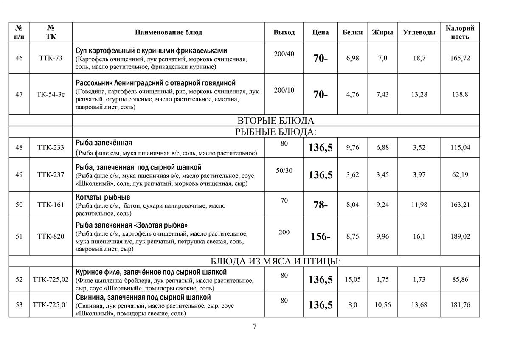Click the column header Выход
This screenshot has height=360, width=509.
284,32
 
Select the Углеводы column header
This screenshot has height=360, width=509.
419,32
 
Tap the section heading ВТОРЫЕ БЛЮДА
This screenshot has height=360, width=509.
276,121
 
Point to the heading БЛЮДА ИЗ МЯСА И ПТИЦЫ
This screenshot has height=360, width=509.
276,261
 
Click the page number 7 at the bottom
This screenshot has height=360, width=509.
255,326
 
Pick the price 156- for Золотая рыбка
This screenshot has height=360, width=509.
320,236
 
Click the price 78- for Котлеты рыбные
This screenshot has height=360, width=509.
320,205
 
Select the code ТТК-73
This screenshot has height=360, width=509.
51,58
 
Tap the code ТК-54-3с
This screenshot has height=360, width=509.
51,94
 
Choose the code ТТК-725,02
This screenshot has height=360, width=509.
51,279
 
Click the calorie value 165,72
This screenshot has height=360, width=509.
460,58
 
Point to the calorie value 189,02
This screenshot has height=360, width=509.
460,236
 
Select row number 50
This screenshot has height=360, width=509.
19,205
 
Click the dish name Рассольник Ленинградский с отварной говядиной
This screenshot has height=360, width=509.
155,83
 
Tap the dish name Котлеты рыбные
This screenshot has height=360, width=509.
103,197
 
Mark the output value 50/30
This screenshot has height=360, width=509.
284,170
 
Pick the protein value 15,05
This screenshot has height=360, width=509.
352,279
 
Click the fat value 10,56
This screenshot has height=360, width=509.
382,305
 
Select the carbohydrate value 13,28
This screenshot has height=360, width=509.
419,94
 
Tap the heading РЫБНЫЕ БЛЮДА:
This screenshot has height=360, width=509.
276,132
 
